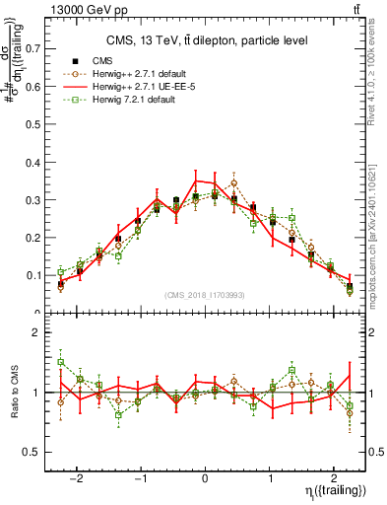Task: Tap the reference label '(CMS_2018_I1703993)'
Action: (x=206, y=294)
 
